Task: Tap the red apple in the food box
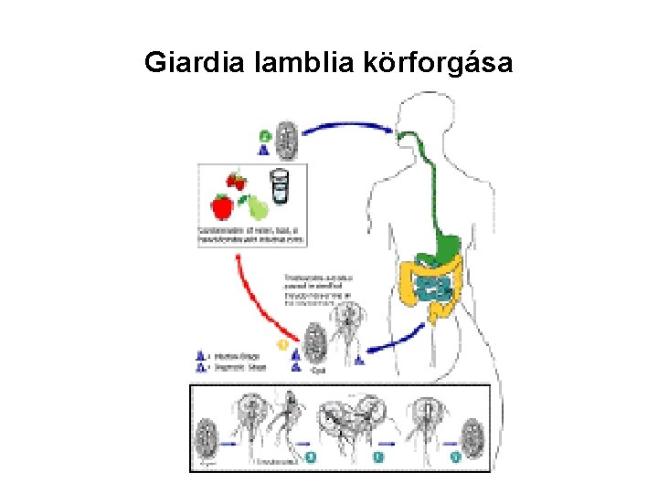click(x=221, y=205)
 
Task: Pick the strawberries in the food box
click(x=238, y=181)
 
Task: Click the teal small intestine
click(x=433, y=287)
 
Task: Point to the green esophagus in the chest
click(x=420, y=178)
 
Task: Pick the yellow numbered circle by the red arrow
click(x=283, y=345)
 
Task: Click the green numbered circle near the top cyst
click(x=264, y=136)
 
